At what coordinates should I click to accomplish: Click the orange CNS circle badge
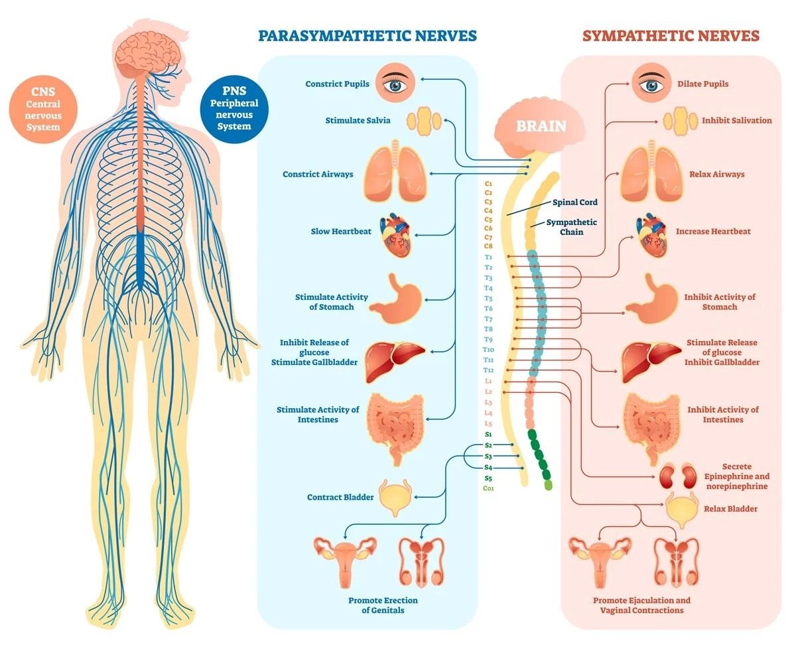click(43, 108)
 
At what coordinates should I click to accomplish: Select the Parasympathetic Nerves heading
click(367, 35)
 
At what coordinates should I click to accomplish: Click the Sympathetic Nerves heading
click(671, 35)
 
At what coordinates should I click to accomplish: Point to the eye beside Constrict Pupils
click(395, 84)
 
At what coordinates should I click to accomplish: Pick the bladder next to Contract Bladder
click(395, 497)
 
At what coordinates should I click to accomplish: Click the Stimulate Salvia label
click(358, 121)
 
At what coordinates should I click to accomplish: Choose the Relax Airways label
click(716, 175)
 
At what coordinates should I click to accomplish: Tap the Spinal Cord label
click(574, 202)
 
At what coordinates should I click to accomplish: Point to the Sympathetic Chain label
click(571, 227)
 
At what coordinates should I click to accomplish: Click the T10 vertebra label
click(488, 349)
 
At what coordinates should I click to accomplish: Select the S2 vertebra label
click(488, 445)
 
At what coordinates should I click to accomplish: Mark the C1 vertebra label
click(488, 182)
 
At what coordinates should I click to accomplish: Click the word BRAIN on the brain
click(541, 126)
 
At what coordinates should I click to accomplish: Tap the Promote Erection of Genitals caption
click(383, 605)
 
